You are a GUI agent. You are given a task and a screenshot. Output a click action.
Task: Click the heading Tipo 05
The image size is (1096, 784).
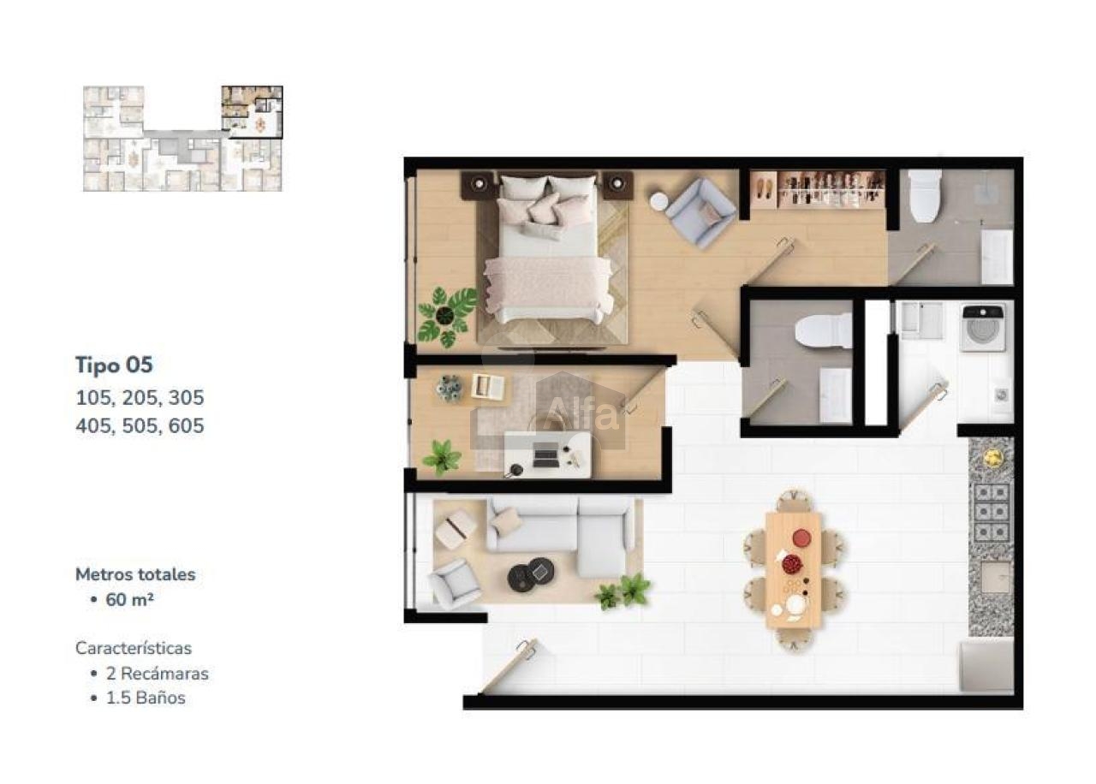click(x=114, y=365)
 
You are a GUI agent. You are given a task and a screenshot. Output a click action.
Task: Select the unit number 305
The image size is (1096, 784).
click(x=186, y=398)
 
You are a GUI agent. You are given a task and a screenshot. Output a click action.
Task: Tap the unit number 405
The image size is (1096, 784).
click(x=93, y=426)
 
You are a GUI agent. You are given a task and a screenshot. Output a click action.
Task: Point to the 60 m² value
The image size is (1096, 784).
click(x=129, y=600)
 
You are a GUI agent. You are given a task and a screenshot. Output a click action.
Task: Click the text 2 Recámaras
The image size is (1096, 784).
click(x=157, y=674)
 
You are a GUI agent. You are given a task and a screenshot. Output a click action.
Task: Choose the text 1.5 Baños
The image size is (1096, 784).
click(x=146, y=698)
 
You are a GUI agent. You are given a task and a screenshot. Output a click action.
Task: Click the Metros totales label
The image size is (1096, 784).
click(x=135, y=574)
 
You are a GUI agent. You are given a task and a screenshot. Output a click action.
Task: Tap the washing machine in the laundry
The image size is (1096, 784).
click(x=983, y=327)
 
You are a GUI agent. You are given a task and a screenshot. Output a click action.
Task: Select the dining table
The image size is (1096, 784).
click(x=793, y=570)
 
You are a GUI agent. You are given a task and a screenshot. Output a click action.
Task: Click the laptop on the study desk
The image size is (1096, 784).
click(x=546, y=456)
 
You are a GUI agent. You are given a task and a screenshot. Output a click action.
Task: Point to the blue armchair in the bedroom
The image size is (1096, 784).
click(x=700, y=213)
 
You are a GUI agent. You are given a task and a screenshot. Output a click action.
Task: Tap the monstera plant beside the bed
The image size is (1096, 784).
click(x=447, y=316)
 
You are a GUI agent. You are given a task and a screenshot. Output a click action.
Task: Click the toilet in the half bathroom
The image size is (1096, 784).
click(x=824, y=330)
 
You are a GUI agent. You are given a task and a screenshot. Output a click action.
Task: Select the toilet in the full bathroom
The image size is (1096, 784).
click(x=925, y=196)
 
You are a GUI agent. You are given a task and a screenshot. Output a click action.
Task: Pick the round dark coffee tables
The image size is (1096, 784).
click(x=531, y=574)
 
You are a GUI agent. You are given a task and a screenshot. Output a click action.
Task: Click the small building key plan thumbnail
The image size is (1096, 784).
click(x=182, y=139)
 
